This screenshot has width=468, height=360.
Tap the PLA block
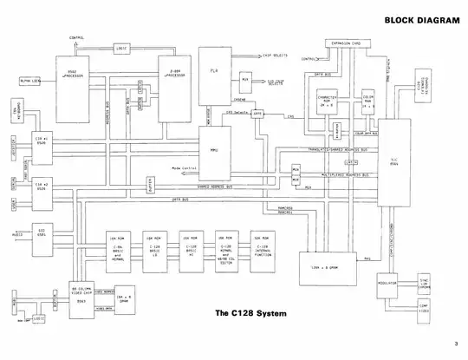212,72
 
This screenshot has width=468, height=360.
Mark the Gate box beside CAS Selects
257,113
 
